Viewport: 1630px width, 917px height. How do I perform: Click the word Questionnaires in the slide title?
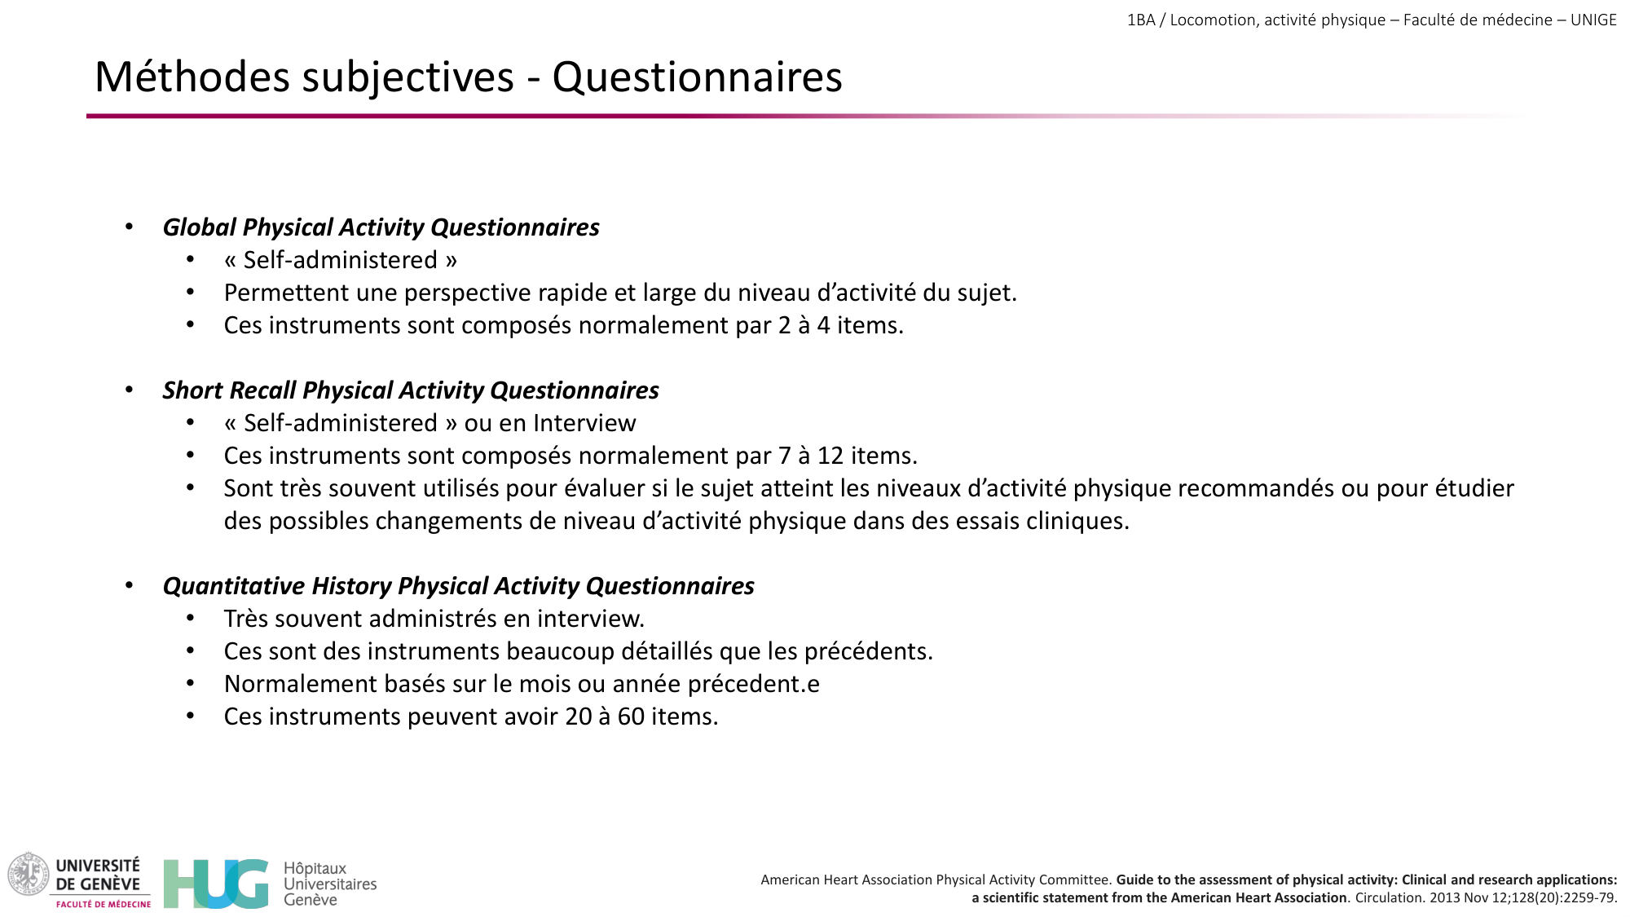[697, 77]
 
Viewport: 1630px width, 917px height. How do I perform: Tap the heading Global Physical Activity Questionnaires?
[381, 227]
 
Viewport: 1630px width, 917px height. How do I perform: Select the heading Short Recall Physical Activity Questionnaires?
[411, 390]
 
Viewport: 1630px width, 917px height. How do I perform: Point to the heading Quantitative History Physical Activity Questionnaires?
[458, 586]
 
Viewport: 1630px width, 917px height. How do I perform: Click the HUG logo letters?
[215, 884]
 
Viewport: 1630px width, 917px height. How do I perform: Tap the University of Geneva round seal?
[29, 874]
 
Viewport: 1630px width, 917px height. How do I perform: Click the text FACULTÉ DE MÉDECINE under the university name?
[104, 904]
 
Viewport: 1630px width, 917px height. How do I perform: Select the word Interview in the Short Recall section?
[584, 423]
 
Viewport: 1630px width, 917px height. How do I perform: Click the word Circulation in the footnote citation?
[1390, 898]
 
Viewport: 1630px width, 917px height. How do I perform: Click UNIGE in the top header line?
[1593, 20]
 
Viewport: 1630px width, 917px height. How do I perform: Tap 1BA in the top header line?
[1141, 20]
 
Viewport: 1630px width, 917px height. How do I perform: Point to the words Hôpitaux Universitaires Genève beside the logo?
[329, 884]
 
